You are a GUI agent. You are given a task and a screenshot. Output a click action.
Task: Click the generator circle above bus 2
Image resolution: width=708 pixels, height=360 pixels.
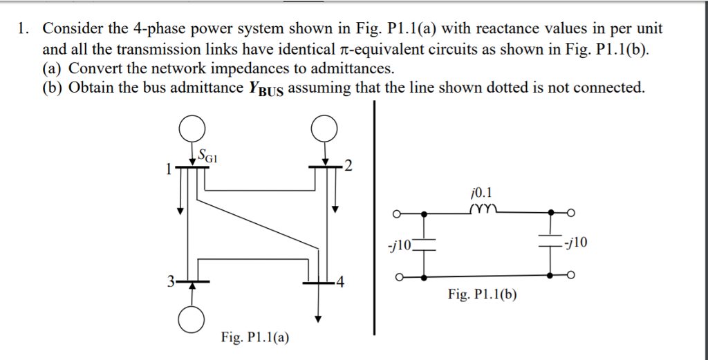coord(324,129)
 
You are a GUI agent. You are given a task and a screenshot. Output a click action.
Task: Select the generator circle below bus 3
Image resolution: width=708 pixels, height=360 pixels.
coord(192,319)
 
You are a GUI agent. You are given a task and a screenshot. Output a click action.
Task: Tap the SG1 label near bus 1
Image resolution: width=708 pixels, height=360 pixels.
coord(208,155)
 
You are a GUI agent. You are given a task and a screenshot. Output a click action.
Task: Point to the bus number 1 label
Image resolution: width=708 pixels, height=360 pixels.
coord(167,168)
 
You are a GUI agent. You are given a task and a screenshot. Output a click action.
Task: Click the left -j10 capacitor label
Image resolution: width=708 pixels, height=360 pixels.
coord(400,245)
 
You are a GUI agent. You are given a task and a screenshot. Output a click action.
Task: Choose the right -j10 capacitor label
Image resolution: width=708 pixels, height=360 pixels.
coord(575,243)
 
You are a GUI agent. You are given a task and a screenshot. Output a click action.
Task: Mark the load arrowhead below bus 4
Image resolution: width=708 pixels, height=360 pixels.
coord(317,319)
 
